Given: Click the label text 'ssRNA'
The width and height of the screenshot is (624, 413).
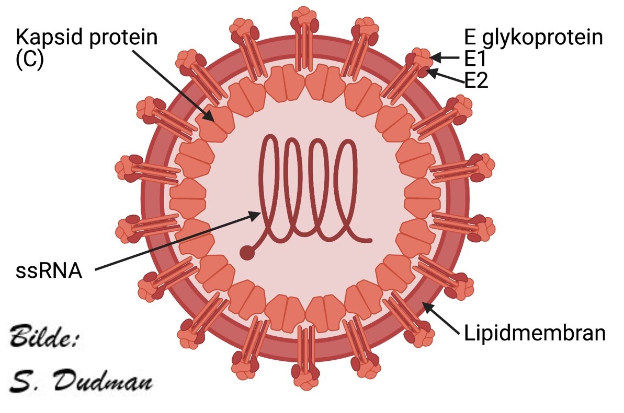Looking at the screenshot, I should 49,271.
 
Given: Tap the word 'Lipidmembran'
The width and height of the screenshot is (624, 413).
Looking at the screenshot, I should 535,333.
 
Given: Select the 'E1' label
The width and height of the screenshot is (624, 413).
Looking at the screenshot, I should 475,57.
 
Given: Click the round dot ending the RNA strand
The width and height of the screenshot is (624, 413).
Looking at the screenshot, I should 246,253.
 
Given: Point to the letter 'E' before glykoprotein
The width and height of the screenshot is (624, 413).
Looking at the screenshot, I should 470,38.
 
